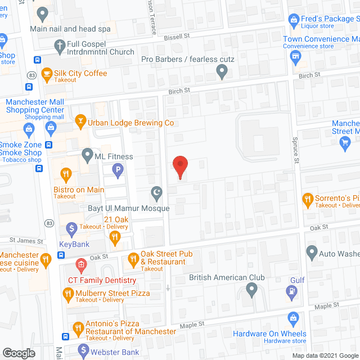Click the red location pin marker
coord(180,166)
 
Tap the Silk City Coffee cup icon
coord(46,73)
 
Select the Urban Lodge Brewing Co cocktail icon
coord(81,122)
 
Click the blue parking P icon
coord(118,169)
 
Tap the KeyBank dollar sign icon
coord(72,229)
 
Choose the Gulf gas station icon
coord(292,291)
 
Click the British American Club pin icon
coord(251,290)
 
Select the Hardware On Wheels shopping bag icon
coord(292,319)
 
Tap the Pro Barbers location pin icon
coord(222,71)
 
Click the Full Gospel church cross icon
coord(59,44)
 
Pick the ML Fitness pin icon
coord(87,154)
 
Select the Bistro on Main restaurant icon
coord(66,175)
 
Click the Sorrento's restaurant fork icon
coord(308,198)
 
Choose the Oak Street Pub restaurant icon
coord(133,259)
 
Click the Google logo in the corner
coord(18,353)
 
